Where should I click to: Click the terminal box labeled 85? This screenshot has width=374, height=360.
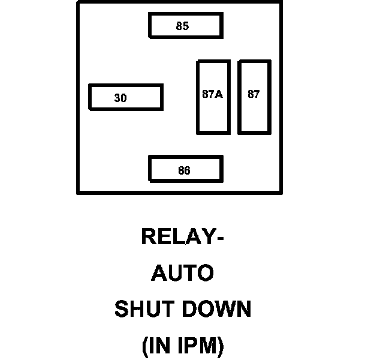click(186, 25)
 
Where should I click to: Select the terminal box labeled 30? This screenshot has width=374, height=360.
click(125, 97)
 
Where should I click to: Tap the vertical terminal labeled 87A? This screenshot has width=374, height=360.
click(213, 97)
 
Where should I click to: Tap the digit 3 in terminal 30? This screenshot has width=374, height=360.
click(117, 98)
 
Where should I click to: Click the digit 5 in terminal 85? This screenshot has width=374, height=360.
click(186, 26)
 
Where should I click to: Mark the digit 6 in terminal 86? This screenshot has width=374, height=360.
click(187, 171)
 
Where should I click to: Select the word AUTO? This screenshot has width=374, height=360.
click(182, 273)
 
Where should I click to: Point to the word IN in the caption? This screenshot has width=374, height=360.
click(160, 346)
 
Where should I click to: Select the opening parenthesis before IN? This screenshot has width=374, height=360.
click(145, 347)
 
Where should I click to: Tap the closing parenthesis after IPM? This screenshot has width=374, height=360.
click(220, 347)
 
